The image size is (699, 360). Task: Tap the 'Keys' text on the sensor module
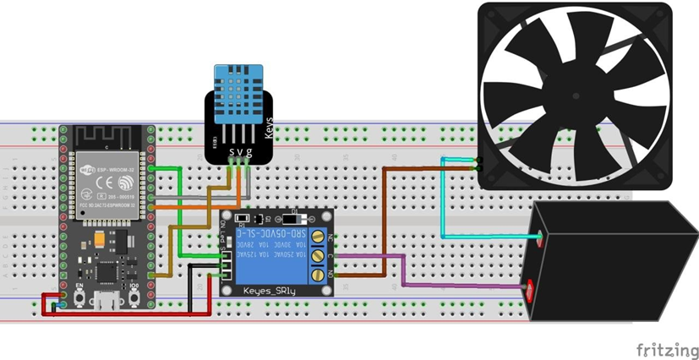tap(270, 127)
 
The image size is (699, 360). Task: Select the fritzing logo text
tap(668, 349)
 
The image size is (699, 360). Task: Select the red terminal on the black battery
tap(531, 292)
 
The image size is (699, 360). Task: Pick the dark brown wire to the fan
tap(385, 220)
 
